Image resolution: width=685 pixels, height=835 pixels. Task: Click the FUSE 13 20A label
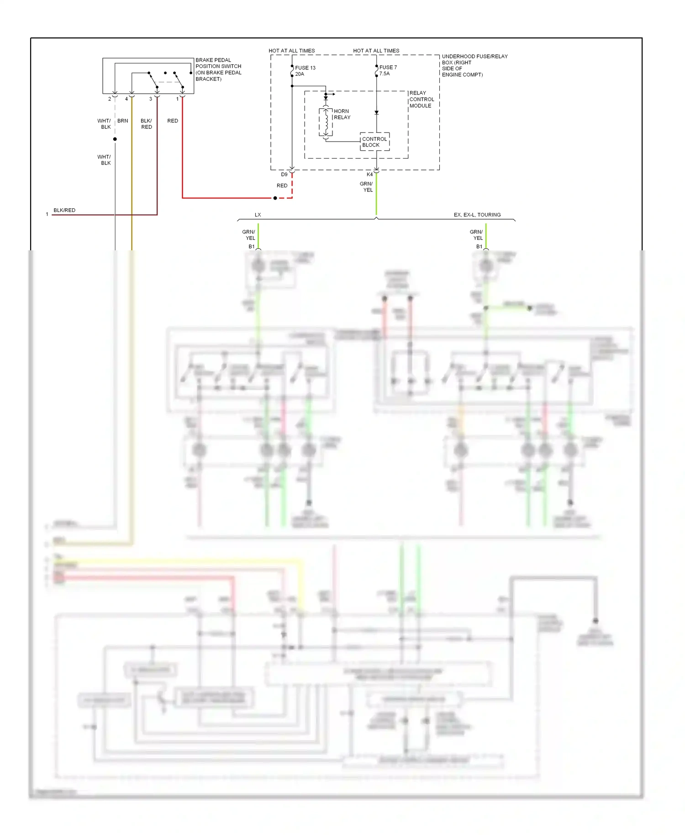coord(305,71)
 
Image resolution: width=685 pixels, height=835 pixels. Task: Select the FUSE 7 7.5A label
coord(388,70)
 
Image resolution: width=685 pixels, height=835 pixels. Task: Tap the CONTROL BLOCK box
coord(374,142)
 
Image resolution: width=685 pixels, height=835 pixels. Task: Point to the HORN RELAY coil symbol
coord(326,122)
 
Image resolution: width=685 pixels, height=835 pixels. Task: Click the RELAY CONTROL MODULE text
coord(421,99)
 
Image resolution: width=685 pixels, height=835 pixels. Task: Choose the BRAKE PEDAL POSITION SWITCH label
coord(218,69)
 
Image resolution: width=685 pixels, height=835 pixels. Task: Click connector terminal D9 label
coord(284,174)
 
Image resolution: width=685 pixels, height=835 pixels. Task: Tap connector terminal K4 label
coord(369,174)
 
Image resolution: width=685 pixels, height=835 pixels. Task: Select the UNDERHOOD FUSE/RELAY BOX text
coord(474,65)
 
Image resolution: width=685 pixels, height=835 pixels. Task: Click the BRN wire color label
coord(122,121)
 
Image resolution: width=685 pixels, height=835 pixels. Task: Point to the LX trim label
coord(258,215)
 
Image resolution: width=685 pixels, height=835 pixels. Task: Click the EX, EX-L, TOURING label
coord(477,215)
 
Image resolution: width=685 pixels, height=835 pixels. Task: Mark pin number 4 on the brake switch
coord(126,99)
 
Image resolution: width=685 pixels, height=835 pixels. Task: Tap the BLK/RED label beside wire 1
coord(64,210)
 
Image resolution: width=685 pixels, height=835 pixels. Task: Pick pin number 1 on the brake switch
coord(177,99)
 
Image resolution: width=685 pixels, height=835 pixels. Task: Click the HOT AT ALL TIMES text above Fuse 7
coord(376,51)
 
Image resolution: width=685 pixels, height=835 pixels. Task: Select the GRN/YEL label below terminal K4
coord(366,187)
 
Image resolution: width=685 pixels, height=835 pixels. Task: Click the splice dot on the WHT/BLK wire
coord(115,139)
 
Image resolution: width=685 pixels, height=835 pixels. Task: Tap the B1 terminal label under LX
coord(251,247)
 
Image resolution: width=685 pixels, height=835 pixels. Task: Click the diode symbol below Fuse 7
coord(376,112)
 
